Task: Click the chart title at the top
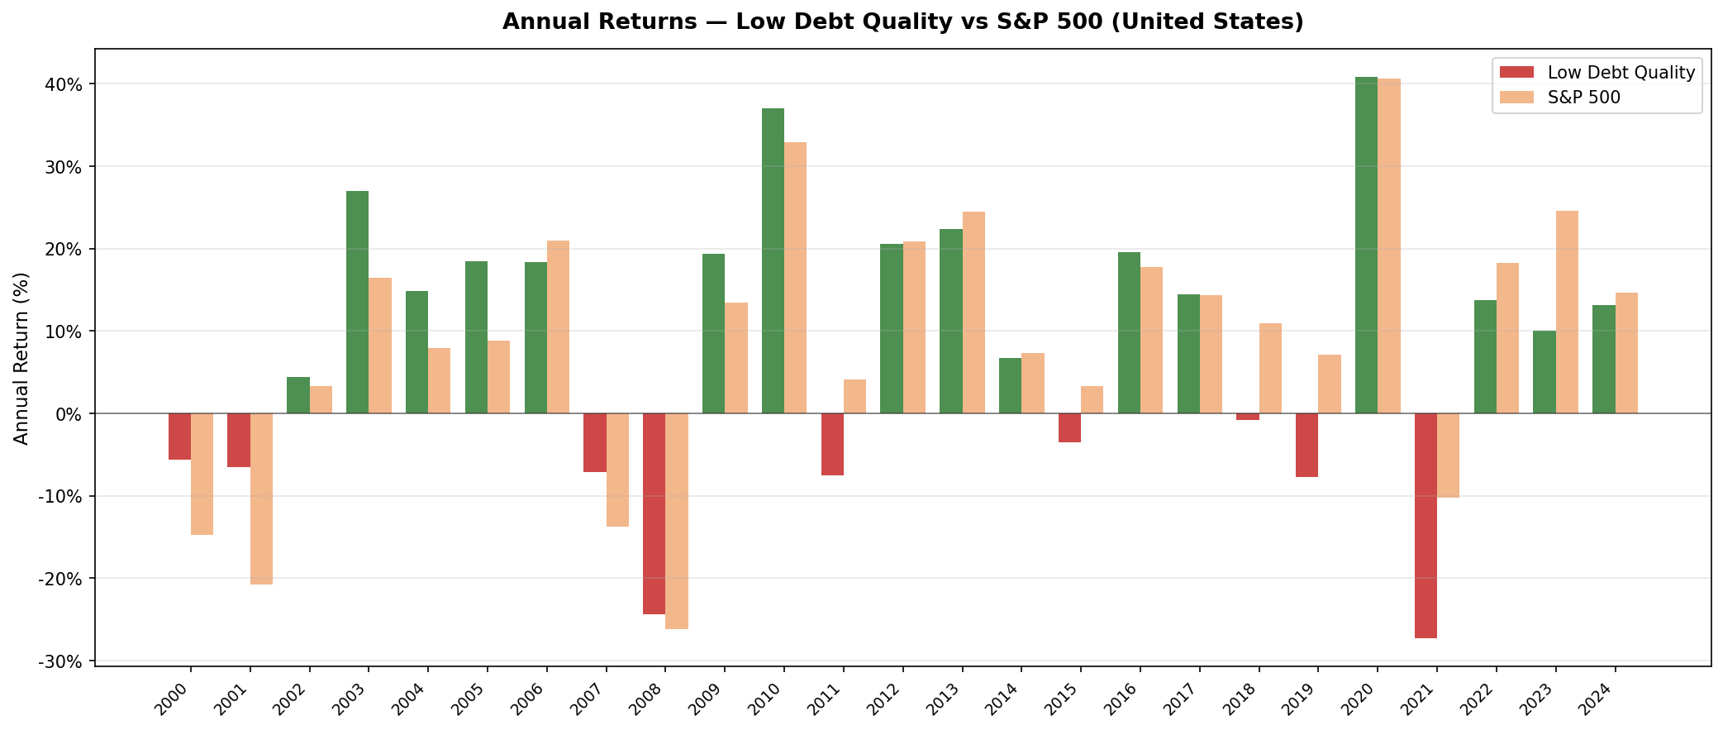902,21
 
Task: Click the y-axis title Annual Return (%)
21,358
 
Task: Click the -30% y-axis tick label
59,661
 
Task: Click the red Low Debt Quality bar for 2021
1426,525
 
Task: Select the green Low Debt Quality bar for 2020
1366,245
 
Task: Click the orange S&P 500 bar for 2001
261,499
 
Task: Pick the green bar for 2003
357,302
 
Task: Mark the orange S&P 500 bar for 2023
1567,312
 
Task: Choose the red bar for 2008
654,513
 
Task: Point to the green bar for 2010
773,260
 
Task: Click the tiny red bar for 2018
1247,417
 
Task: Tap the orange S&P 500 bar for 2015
1092,400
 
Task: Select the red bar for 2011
832,444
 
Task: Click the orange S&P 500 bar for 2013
973,313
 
